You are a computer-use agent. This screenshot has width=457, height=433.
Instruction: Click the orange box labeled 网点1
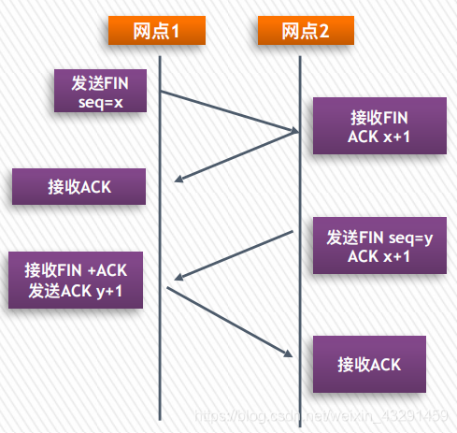tap(156, 31)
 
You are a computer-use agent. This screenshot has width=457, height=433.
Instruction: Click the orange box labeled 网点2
tap(305, 31)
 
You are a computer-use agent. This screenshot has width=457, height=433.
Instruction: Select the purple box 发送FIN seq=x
tap(101, 92)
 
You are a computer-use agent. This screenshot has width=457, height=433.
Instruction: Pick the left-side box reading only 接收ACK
tap(79, 186)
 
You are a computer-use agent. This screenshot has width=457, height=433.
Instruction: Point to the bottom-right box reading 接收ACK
tap(370, 364)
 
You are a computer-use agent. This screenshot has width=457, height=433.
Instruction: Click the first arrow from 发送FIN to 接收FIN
tap(229, 112)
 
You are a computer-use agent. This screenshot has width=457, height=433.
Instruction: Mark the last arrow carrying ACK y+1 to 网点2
tap(229, 320)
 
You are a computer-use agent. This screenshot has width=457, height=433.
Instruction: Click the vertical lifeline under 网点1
tap(160, 374)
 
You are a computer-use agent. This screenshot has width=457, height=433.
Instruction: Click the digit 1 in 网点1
tap(176, 31)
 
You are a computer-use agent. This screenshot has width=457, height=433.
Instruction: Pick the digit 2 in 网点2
tap(324, 31)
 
